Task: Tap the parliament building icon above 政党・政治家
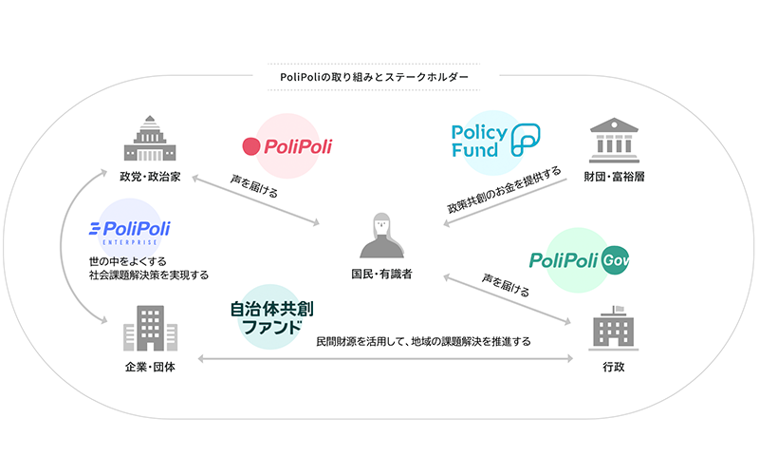tap(149, 139)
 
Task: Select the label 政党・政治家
tap(149, 177)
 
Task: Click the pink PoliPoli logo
tap(287, 146)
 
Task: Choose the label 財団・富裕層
tap(612, 177)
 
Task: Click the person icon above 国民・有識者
tap(379, 236)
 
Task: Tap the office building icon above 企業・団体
tap(149, 328)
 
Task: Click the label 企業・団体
tap(149, 367)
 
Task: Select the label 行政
tap(612, 367)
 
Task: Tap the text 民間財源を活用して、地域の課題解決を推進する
tap(423, 340)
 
